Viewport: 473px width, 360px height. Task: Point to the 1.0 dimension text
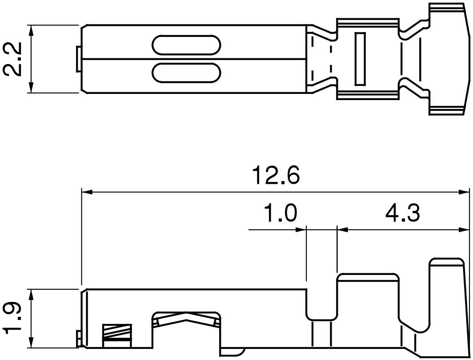280,214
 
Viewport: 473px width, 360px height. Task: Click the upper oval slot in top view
187,45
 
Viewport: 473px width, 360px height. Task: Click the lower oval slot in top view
187,73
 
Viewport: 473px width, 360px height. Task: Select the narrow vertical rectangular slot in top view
360,59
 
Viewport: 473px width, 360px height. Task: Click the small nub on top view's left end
78,59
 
